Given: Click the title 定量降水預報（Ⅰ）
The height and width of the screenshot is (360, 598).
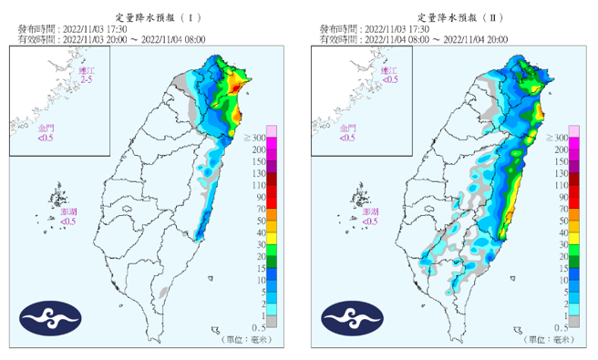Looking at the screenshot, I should pyautogui.click(x=158, y=17).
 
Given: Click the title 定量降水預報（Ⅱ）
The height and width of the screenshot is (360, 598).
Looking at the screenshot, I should pyautogui.click(x=459, y=17).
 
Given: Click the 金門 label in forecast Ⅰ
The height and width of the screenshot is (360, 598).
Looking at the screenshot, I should pyautogui.click(x=46, y=132).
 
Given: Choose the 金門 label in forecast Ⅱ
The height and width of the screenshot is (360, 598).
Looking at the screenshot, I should pyautogui.click(x=347, y=132).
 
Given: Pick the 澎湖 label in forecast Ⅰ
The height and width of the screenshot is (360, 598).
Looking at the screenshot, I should pyautogui.click(x=68, y=215).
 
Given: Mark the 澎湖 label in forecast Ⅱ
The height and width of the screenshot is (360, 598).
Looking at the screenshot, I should pyautogui.click(x=369, y=215).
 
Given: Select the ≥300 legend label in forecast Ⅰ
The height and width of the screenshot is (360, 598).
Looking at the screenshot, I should pyautogui.click(x=257, y=137).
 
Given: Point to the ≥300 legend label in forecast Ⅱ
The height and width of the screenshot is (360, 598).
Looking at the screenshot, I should pyautogui.click(x=559, y=137).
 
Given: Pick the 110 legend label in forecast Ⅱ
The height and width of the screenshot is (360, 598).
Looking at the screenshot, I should pyautogui.click(x=562, y=185).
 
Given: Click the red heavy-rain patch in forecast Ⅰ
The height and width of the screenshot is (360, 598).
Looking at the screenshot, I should pyautogui.click(x=236, y=87).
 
